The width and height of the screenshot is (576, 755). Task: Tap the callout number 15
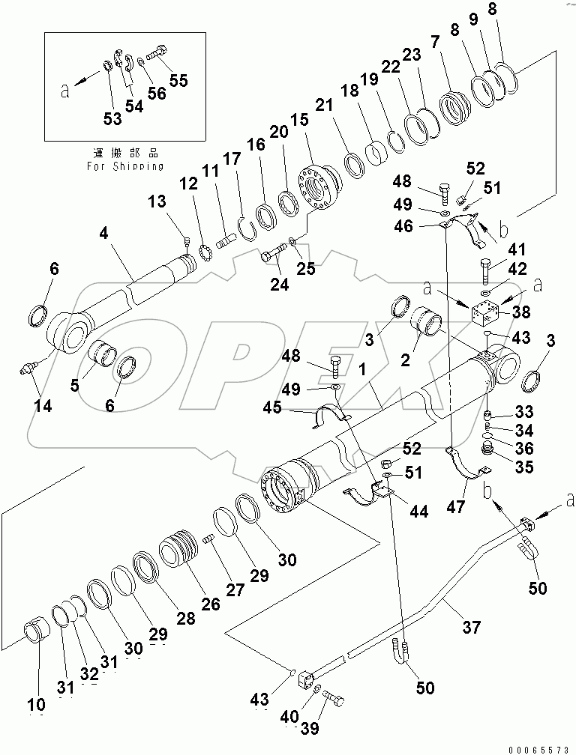click(x=300, y=120)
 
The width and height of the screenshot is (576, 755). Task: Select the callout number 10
click(x=37, y=704)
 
